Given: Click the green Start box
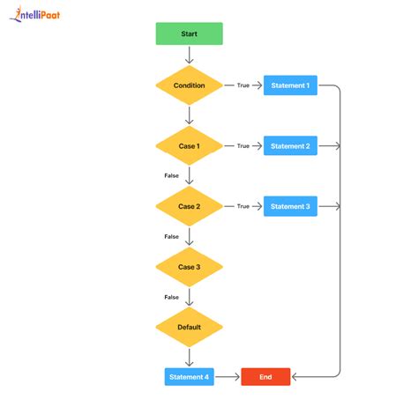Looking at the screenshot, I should pyautogui.click(x=189, y=33).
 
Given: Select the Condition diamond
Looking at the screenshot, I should pyautogui.click(x=189, y=85).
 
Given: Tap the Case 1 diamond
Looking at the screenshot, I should pyautogui.click(x=189, y=146).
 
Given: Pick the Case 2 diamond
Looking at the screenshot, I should pyautogui.click(x=189, y=206).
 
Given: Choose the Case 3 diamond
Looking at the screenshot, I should pyautogui.click(x=189, y=266).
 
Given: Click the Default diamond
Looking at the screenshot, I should pyautogui.click(x=189, y=327).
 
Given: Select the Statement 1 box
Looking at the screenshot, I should pyautogui.click(x=290, y=85).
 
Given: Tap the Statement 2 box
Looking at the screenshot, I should pyautogui.click(x=290, y=146).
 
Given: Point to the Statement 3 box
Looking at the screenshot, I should pyautogui.click(x=290, y=206).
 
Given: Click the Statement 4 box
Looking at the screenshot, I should pyautogui.click(x=189, y=377).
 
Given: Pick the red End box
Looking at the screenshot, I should pyautogui.click(x=265, y=377).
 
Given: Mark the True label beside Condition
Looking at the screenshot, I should pyautogui.click(x=243, y=85).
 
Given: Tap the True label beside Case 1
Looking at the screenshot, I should pyautogui.click(x=243, y=146).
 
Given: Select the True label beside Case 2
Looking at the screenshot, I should pyautogui.click(x=243, y=206).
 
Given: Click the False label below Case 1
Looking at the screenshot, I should pyautogui.click(x=171, y=176).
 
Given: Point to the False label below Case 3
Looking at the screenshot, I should pyautogui.click(x=171, y=297).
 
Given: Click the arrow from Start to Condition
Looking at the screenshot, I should pyautogui.click(x=189, y=55).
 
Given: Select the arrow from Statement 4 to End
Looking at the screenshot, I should pyautogui.click(x=227, y=377).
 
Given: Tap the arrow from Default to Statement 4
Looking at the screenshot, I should pyautogui.click(x=189, y=356).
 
